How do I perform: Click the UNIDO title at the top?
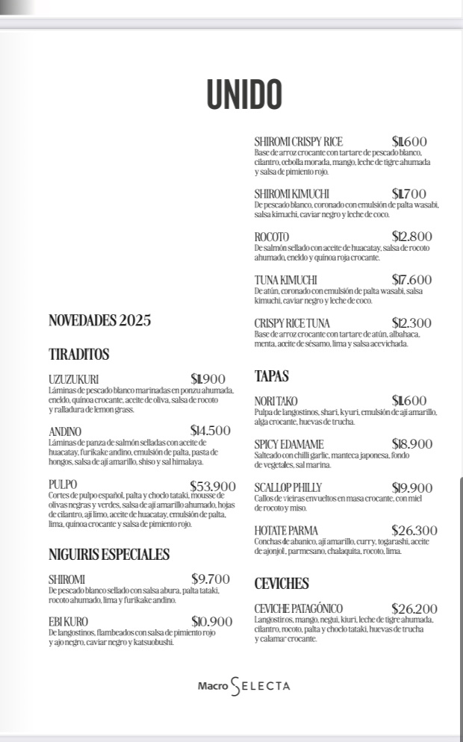tap(244, 95)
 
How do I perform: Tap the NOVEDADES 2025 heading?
tap(99, 321)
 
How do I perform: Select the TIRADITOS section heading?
tap(79, 355)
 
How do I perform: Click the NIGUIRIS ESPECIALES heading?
tap(109, 555)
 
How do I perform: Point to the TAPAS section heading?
tap(271, 376)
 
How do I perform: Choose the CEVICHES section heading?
tap(282, 584)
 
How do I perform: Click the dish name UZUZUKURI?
tap(74, 379)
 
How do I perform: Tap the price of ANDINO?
tap(211, 431)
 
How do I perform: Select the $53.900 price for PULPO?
tap(213, 486)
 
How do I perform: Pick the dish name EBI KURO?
tap(68, 622)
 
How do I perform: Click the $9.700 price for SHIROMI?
tap(211, 579)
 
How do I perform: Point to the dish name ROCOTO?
tap(271, 237)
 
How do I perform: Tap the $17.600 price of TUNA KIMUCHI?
tap(411, 280)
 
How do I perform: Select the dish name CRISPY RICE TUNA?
tap(292, 323)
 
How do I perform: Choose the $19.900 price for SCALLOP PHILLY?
tap(411, 488)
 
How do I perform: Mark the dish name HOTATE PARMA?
tap(286, 531)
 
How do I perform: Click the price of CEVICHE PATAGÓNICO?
tap(414, 609)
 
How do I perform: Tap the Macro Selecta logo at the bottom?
tap(243, 685)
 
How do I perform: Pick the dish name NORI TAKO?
tap(276, 402)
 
